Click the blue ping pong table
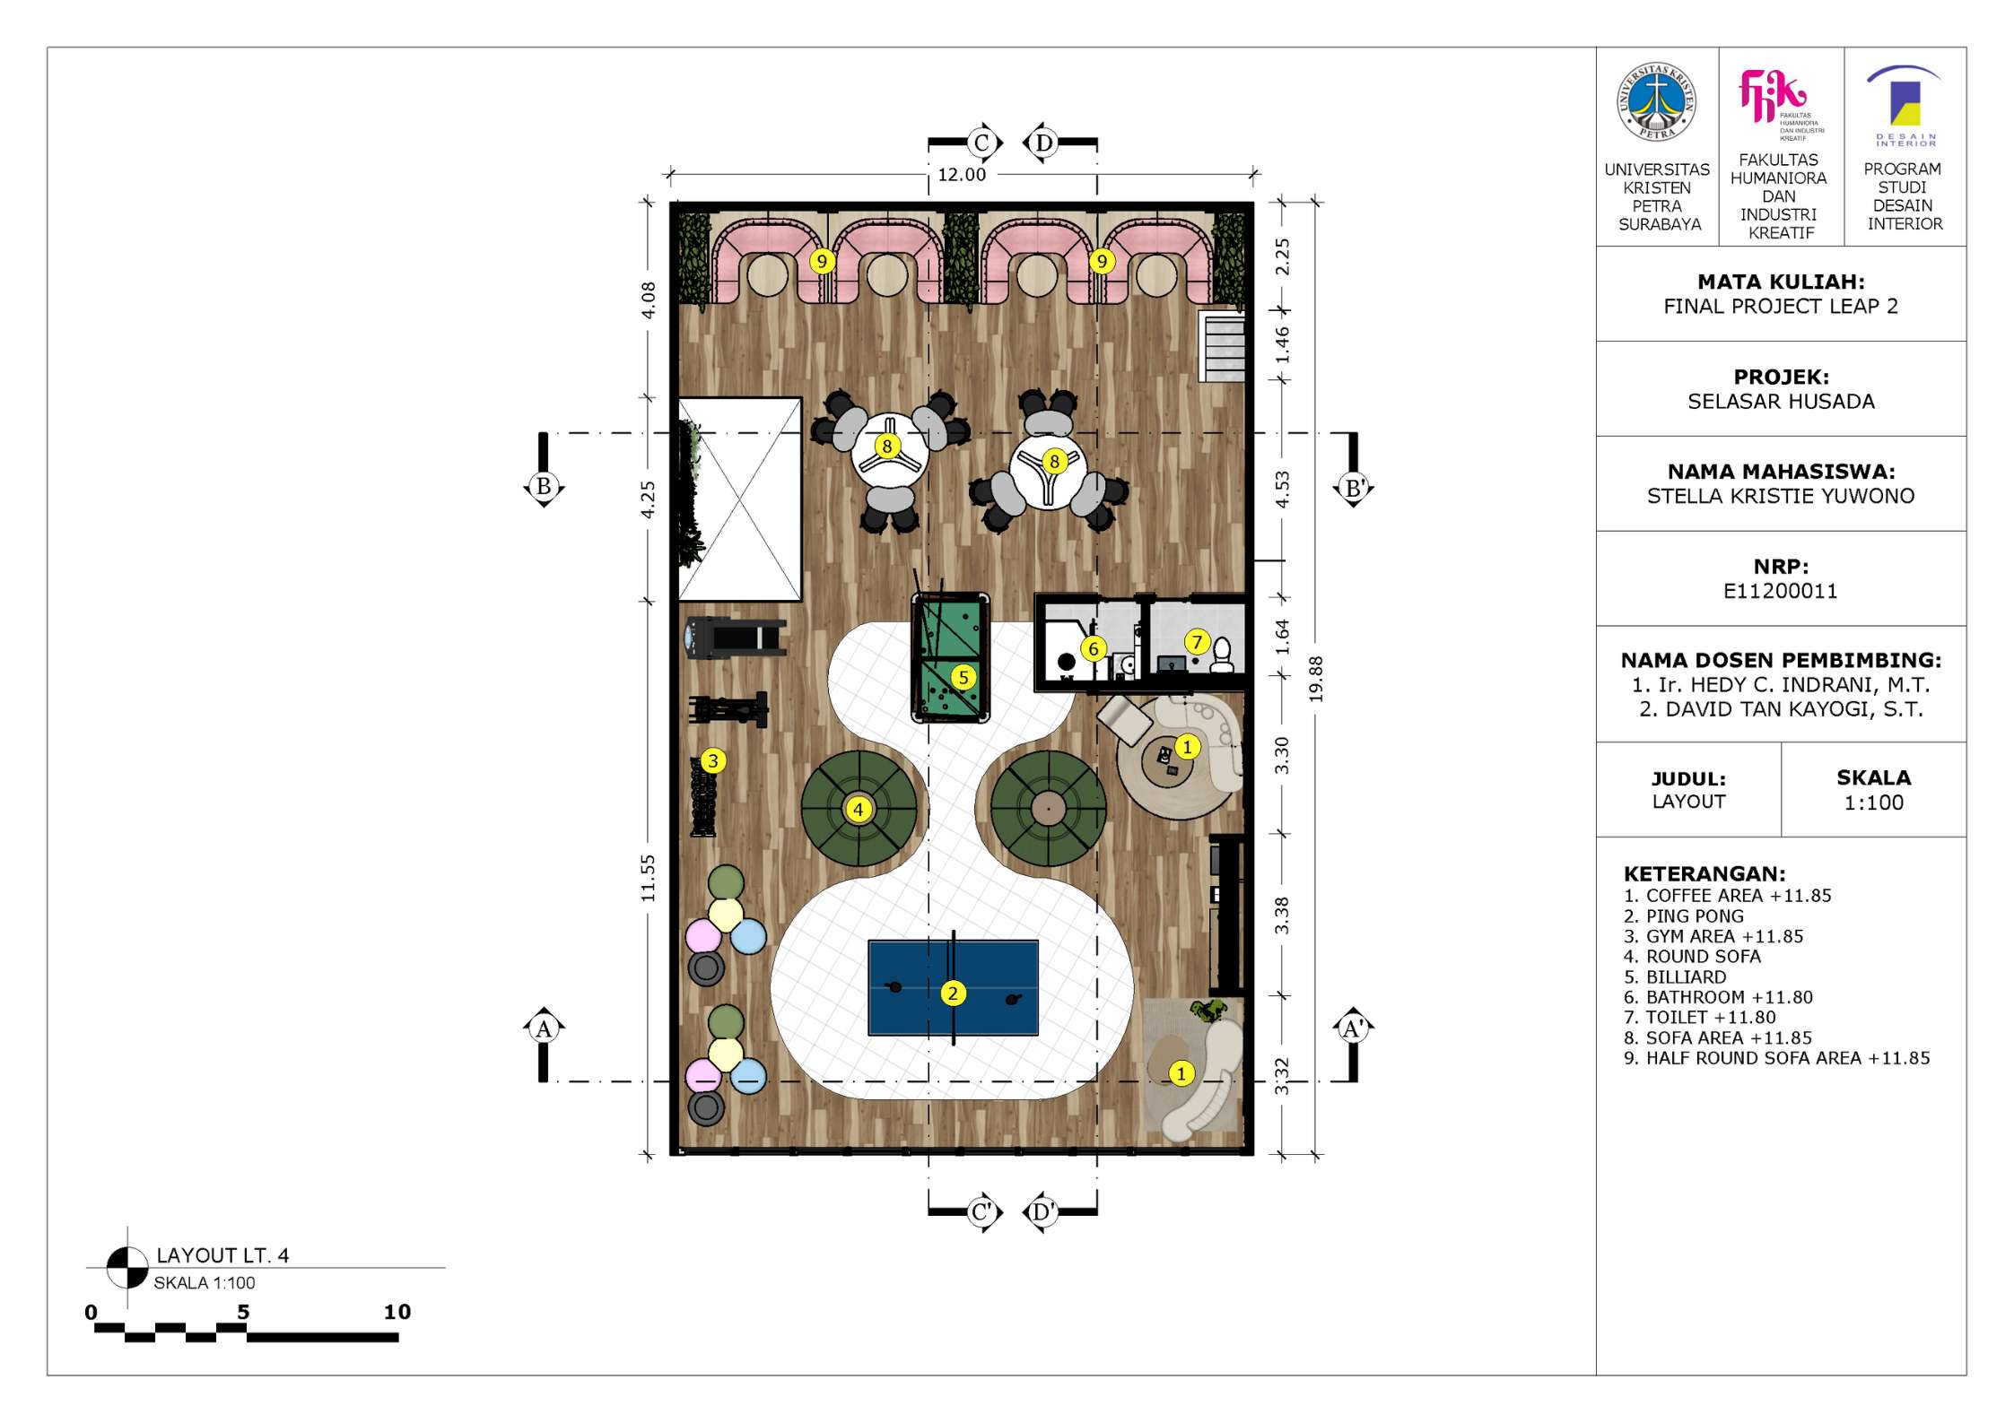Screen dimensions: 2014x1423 pyautogui.click(x=953, y=987)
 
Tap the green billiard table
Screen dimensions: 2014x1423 pyautogui.click(x=950, y=657)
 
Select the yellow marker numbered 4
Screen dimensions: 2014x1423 pyautogui.click(x=859, y=810)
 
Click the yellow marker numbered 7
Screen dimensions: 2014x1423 pyautogui.click(x=1196, y=642)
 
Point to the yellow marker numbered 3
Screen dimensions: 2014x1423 pyautogui.click(x=713, y=761)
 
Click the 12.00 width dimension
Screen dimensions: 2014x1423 pyautogui.click(x=962, y=175)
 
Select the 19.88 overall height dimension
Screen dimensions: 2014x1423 pyautogui.click(x=1315, y=679)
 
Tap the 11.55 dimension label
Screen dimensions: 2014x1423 pyautogui.click(x=648, y=878)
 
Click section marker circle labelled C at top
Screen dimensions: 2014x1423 pyautogui.click(x=981, y=143)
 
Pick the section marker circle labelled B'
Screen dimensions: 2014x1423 pyautogui.click(x=1354, y=488)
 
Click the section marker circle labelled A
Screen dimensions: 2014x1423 pyautogui.click(x=544, y=1028)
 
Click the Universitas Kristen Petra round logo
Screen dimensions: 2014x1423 pyautogui.click(x=1656, y=102)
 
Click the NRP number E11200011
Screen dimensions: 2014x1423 pyautogui.click(x=1780, y=591)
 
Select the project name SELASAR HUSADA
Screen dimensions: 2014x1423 pyautogui.click(x=1781, y=401)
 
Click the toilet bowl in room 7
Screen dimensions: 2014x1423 pyautogui.click(x=1222, y=655)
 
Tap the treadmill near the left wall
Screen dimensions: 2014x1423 pyautogui.click(x=736, y=638)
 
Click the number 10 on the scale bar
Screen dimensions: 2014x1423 pyautogui.click(x=397, y=1312)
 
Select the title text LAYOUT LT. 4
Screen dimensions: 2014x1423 pyautogui.click(x=222, y=1255)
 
